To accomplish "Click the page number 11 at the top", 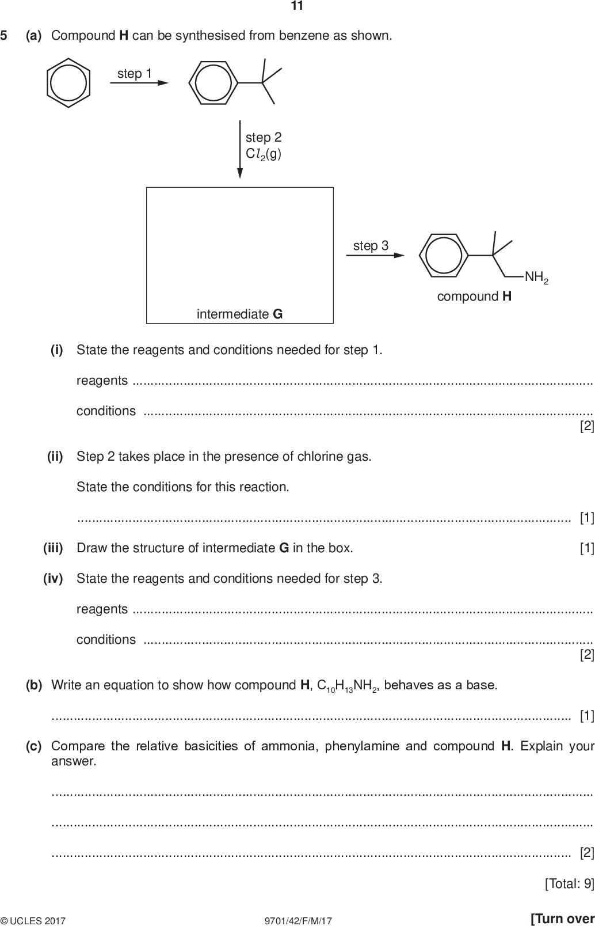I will point(297,6).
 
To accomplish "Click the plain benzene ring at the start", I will point(68,82).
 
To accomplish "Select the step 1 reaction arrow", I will point(139,83).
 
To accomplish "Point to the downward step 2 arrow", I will point(240,150).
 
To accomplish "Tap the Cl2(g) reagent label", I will point(264,154).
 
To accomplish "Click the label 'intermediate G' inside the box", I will point(239,314).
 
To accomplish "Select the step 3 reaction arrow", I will point(375,255).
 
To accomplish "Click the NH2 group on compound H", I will point(536,278).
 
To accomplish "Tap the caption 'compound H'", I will point(474,297).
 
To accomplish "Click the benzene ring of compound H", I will point(443,255).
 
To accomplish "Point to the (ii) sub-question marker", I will point(55,457).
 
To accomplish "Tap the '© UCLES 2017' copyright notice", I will point(33,921).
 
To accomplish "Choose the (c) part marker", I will point(34,746).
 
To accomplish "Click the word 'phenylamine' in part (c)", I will point(363,746).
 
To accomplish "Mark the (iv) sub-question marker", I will point(53,578).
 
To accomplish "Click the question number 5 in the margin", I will point(4,36).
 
